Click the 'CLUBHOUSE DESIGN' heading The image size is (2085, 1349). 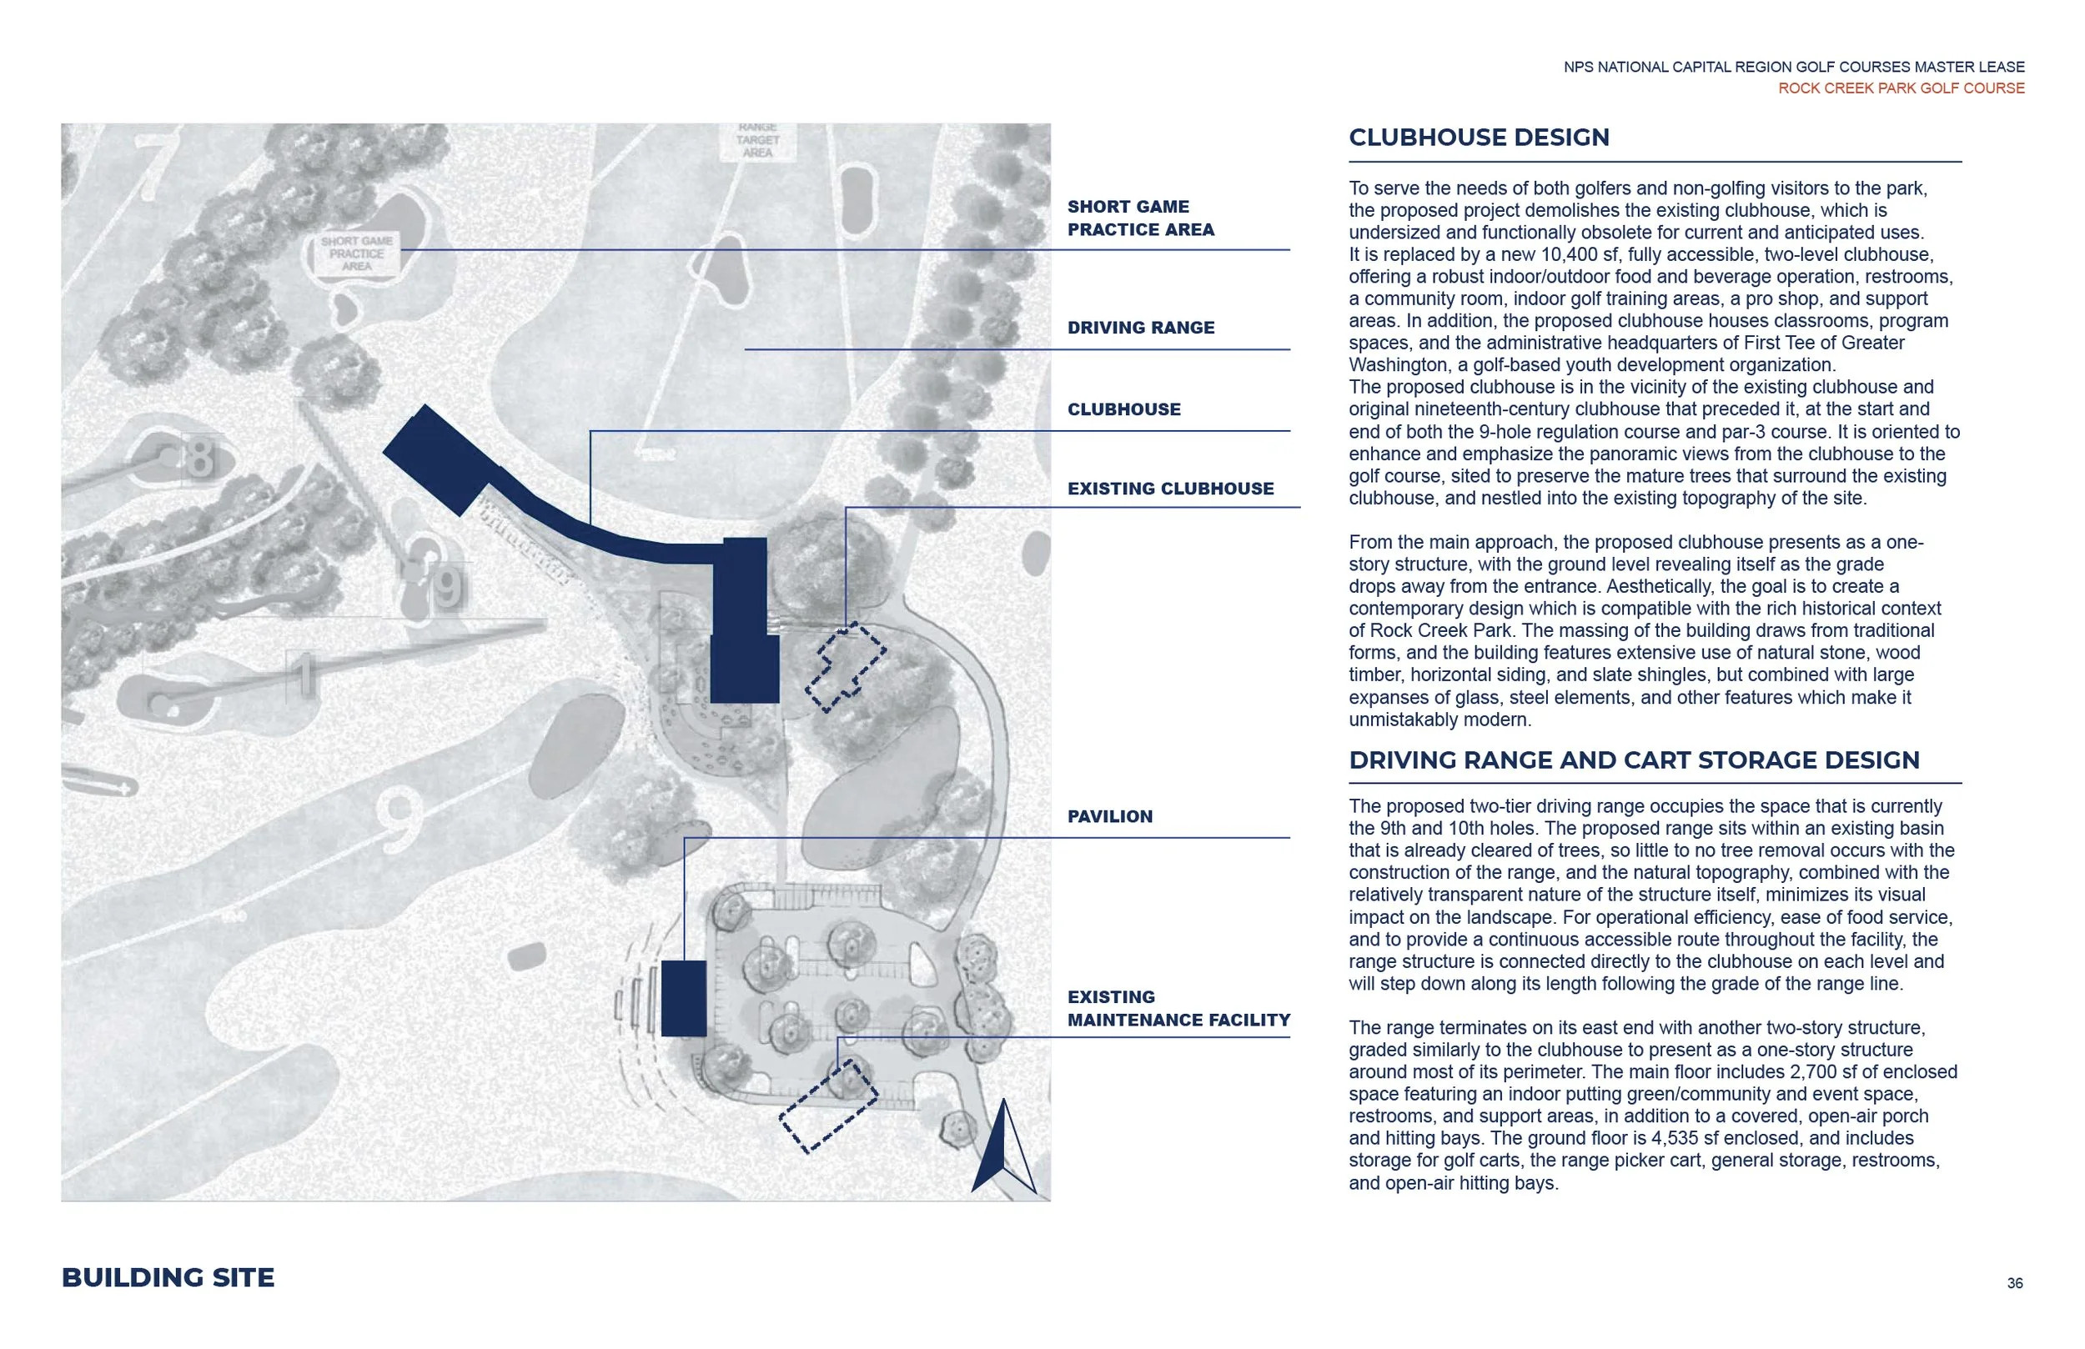pos(1478,138)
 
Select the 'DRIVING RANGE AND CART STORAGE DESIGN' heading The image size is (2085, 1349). pos(1633,760)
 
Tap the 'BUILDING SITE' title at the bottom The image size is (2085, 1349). pos(168,1277)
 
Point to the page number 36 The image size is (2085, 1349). pos(2014,1283)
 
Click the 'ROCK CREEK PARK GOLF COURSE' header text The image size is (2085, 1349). pos(1900,88)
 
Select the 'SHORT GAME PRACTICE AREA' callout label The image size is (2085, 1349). pos(1140,218)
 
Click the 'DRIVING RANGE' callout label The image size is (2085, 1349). pos(1140,328)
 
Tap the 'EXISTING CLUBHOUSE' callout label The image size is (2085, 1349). pos(1169,489)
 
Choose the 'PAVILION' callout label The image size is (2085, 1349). pos(1109,816)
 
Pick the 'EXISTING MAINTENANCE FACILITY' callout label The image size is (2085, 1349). pos(1178,1008)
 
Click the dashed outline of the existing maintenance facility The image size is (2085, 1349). pos(828,1106)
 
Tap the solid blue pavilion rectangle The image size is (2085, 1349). pos(683,999)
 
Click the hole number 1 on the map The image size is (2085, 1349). pos(303,675)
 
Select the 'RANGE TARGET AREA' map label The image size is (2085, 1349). pos(757,140)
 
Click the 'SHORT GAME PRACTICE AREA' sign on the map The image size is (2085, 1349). pos(357,253)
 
